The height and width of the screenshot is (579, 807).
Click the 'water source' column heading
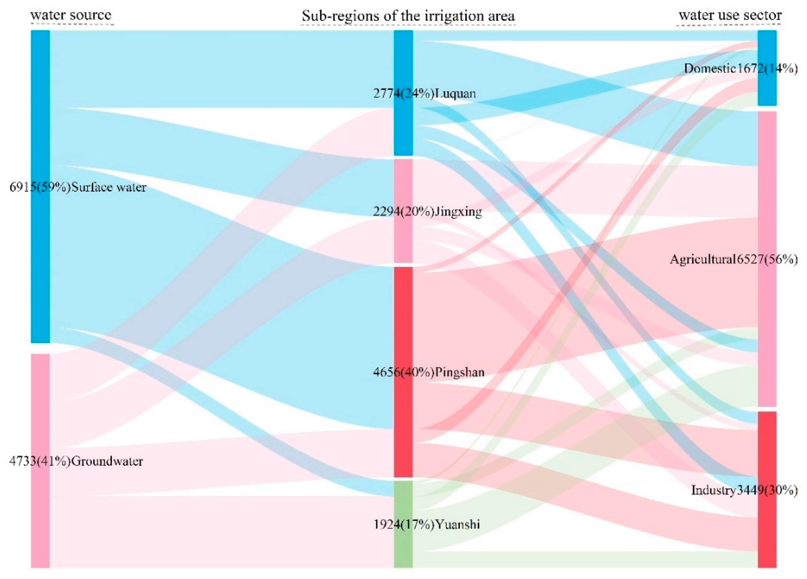pos(71,15)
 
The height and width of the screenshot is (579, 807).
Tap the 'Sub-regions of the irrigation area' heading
pos(408,16)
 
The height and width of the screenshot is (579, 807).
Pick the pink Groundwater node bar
pos(40,516)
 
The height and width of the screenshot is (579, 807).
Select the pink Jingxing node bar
pos(403,242)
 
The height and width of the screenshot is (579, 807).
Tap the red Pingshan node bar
pos(403,427)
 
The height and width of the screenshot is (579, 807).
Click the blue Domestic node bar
pos(767,43)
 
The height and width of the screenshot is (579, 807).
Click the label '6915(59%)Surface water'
pos(78,187)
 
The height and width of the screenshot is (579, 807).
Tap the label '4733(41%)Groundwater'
pos(76,462)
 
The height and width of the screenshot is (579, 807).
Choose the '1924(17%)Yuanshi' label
pos(426,524)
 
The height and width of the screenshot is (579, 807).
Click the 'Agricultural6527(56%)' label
pos(734,260)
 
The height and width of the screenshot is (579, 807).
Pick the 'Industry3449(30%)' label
pos(744,490)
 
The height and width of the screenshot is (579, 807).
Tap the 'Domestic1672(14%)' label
pos(741,68)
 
